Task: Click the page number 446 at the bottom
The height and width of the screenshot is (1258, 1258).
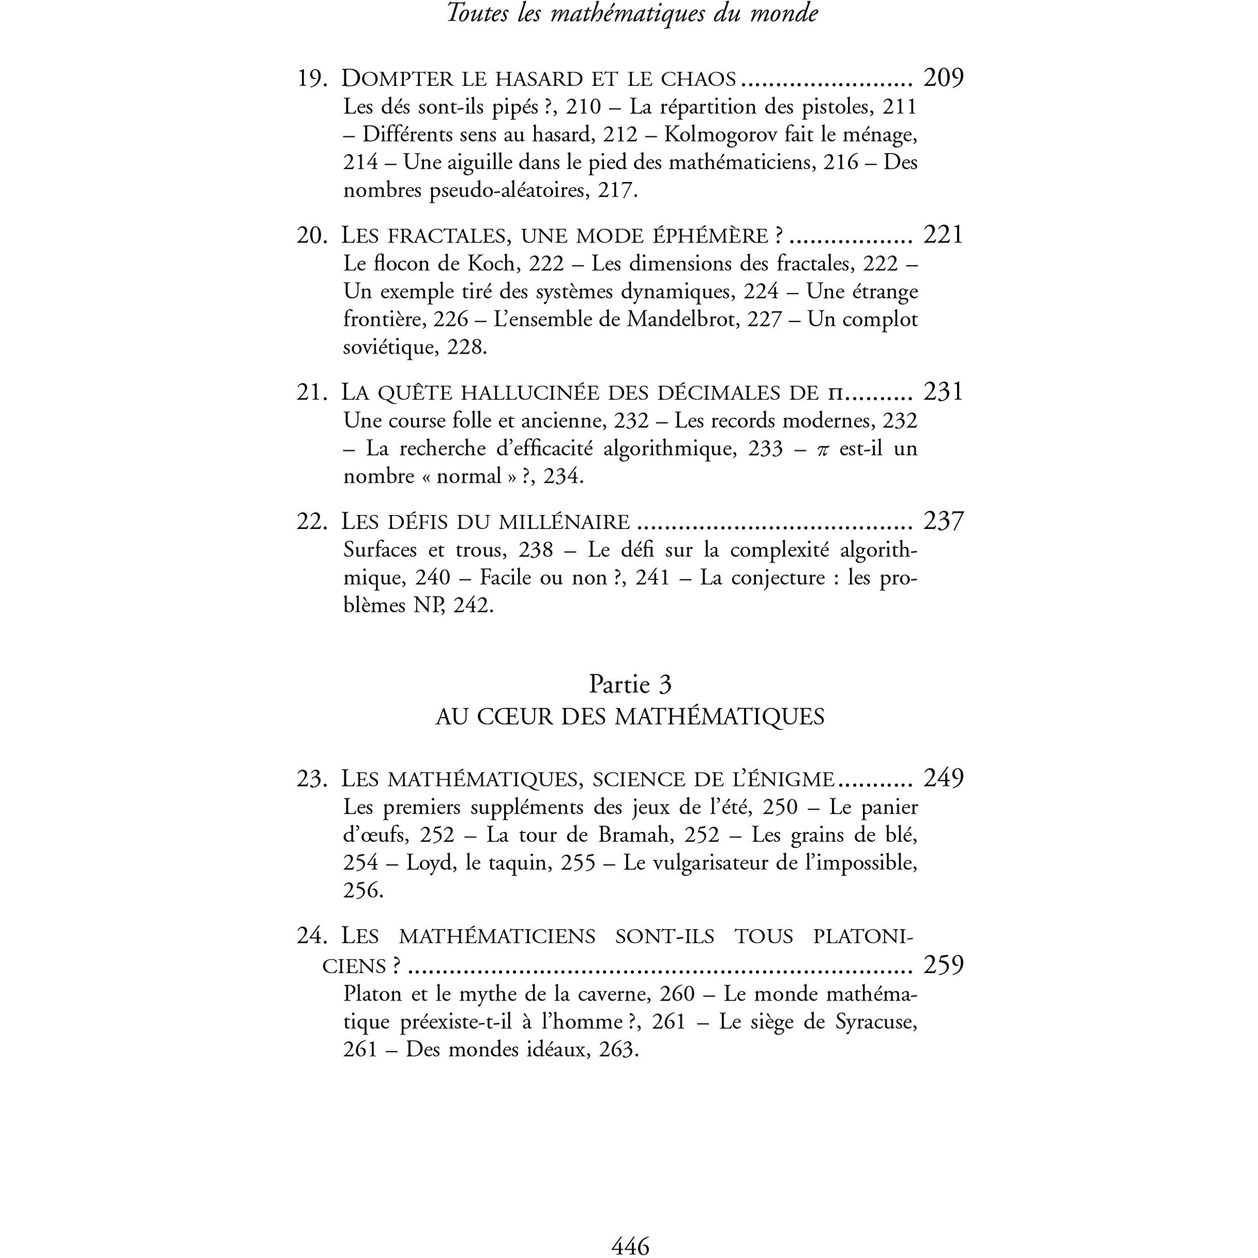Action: coord(630,1245)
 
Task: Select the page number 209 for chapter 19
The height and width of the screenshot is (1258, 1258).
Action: coord(943,78)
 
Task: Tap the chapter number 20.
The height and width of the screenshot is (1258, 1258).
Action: coord(311,235)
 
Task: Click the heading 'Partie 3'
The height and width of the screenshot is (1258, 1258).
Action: coord(630,684)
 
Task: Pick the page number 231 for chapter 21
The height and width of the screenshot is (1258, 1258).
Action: coord(943,392)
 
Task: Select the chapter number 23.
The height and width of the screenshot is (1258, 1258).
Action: coord(311,779)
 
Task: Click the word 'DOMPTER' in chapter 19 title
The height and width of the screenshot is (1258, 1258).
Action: coord(397,79)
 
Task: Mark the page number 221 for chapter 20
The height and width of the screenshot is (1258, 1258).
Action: coord(943,235)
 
